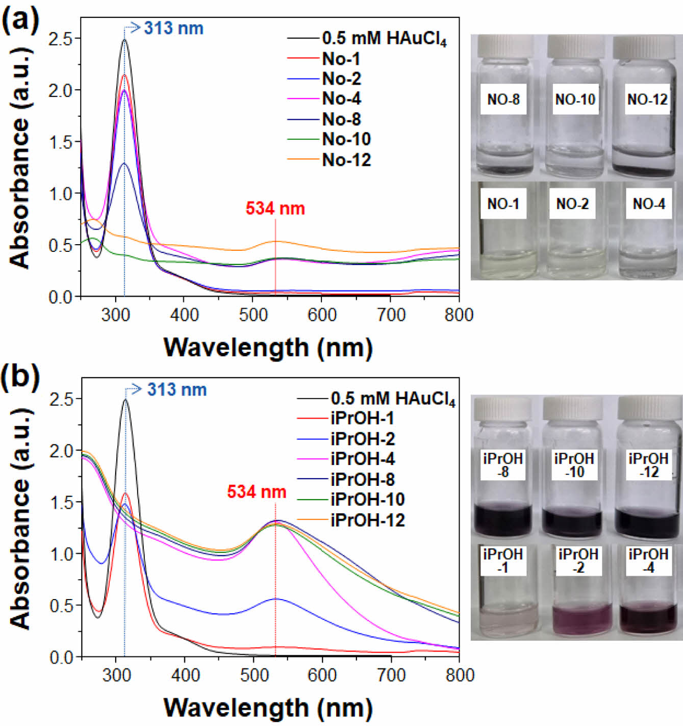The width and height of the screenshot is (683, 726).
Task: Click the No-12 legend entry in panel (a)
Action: tap(346, 160)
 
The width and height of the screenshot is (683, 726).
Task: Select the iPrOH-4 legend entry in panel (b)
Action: tap(362, 459)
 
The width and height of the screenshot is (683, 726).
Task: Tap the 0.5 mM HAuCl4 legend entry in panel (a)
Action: tap(384, 38)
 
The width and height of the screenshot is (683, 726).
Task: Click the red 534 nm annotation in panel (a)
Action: tap(275, 208)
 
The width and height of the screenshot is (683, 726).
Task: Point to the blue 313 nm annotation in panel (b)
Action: tap(176, 390)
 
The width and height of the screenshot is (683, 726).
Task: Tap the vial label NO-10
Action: tap(575, 99)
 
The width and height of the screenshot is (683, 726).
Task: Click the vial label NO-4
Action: tap(648, 204)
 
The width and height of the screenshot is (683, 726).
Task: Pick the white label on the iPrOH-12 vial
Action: tap(648, 465)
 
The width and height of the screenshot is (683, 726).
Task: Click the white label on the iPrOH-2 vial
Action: tap(578, 560)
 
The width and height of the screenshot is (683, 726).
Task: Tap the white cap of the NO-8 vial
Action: tap(505, 46)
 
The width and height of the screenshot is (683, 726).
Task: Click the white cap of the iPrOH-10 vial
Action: tap(573, 408)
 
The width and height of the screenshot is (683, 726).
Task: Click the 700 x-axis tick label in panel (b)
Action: tap(391, 675)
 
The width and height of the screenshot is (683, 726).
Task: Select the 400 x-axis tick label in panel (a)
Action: tap(184, 315)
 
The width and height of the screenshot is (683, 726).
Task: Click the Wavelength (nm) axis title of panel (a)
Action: tap(268, 348)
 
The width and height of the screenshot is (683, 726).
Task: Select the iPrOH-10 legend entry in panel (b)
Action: tap(367, 499)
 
